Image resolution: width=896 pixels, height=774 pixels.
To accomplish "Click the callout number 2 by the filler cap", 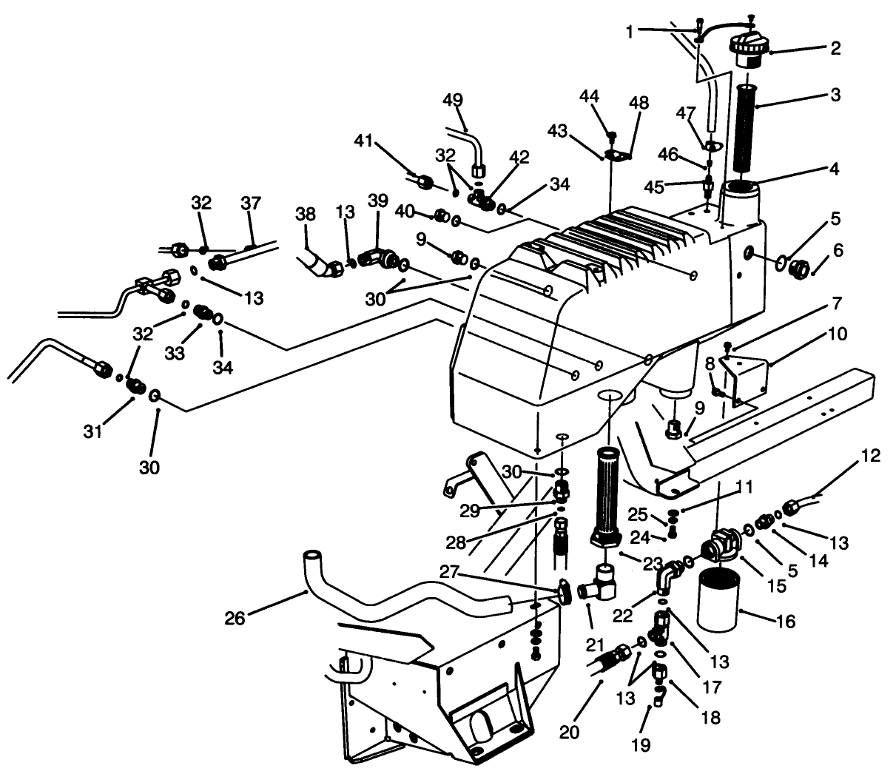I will (x=835, y=49).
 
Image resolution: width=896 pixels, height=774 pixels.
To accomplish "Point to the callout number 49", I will (x=453, y=100).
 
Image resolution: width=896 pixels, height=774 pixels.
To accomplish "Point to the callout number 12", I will (x=872, y=456).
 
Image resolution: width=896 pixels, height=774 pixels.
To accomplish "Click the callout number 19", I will (x=641, y=744).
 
